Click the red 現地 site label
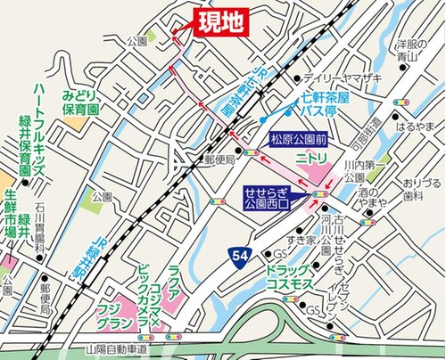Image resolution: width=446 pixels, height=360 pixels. click(219, 24)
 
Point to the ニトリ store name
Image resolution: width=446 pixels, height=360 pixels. click(310, 158)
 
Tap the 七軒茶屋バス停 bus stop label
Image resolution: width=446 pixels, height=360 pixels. click(318, 111)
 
